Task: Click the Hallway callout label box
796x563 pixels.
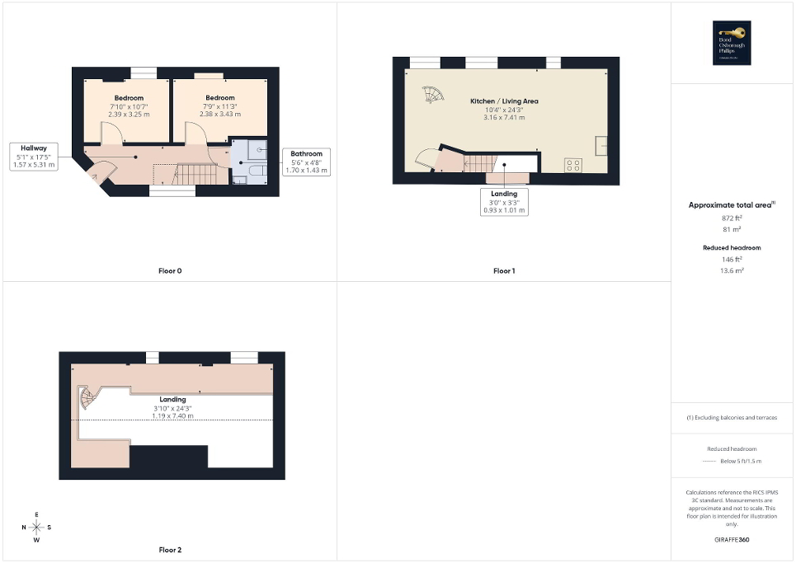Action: click(x=34, y=157)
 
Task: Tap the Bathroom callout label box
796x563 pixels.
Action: click(x=306, y=162)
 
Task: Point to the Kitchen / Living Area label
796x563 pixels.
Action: click(x=504, y=101)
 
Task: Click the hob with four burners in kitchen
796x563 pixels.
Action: click(x=572, y=164)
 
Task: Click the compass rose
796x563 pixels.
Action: click(x=37, y=528)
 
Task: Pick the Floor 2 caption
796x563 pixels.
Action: click(x=169, y=550)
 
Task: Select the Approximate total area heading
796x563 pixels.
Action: click(x=732, y=204)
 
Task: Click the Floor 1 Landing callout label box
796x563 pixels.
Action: click(x=504, y=202)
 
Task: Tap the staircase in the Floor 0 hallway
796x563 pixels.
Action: click(x=197, y=174)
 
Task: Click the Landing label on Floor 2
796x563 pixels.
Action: click(x=172, y=400)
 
